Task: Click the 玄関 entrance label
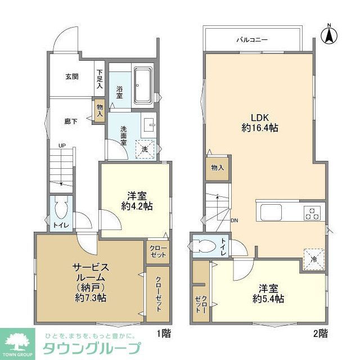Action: (x=71, y=76)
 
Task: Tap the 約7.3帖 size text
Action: (x=89, y=298)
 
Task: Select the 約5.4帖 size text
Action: (x=267, y=298)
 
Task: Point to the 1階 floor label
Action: (x=164, y=334)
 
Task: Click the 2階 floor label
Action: (x=320, y=334)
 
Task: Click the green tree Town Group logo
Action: (x=16, y=342)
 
